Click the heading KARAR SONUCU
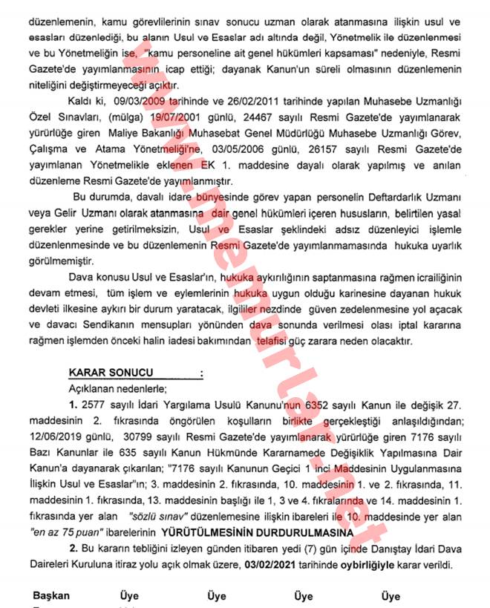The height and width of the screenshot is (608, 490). pyautogui.click(x=111, y=373)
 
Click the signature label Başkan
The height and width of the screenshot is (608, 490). pyautogui.click(x=50, y=595)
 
